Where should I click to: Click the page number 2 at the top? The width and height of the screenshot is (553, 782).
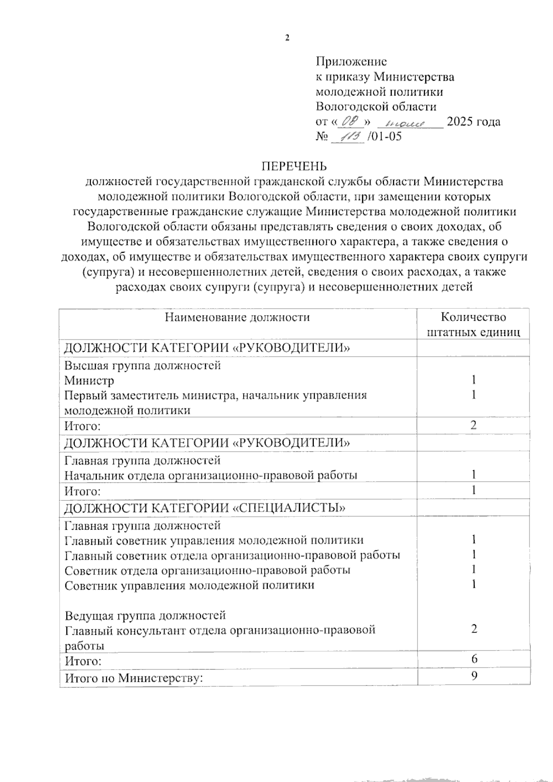(x=287, y=38)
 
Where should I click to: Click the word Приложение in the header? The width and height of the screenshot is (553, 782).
(x=351, y=61)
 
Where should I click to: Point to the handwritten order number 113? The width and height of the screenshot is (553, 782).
(x=349, y=137)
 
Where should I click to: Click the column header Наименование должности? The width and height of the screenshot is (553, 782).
(x=237, y=317)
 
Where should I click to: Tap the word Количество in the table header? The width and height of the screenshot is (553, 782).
(x=473, y=317)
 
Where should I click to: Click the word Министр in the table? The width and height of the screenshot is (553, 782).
(x=89, y=381)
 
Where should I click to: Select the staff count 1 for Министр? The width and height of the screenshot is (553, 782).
(x=473, y=380)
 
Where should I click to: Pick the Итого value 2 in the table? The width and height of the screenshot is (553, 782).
(x=473, y=425)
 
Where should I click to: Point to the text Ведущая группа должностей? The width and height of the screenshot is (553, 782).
(x=145, y=615)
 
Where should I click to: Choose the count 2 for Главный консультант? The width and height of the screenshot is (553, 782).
(x=474, y=629)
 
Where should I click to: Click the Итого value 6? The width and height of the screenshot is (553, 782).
(x=474, y=659)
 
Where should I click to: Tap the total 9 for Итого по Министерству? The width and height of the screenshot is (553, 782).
(x=474, y=676)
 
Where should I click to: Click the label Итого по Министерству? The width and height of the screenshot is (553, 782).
(x=134, y=678)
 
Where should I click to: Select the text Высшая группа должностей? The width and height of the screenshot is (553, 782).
(x=142, y=365)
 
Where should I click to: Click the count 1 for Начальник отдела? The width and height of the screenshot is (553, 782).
(x=473, y=475)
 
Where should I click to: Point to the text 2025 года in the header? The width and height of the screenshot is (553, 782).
(x=474, y=122)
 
